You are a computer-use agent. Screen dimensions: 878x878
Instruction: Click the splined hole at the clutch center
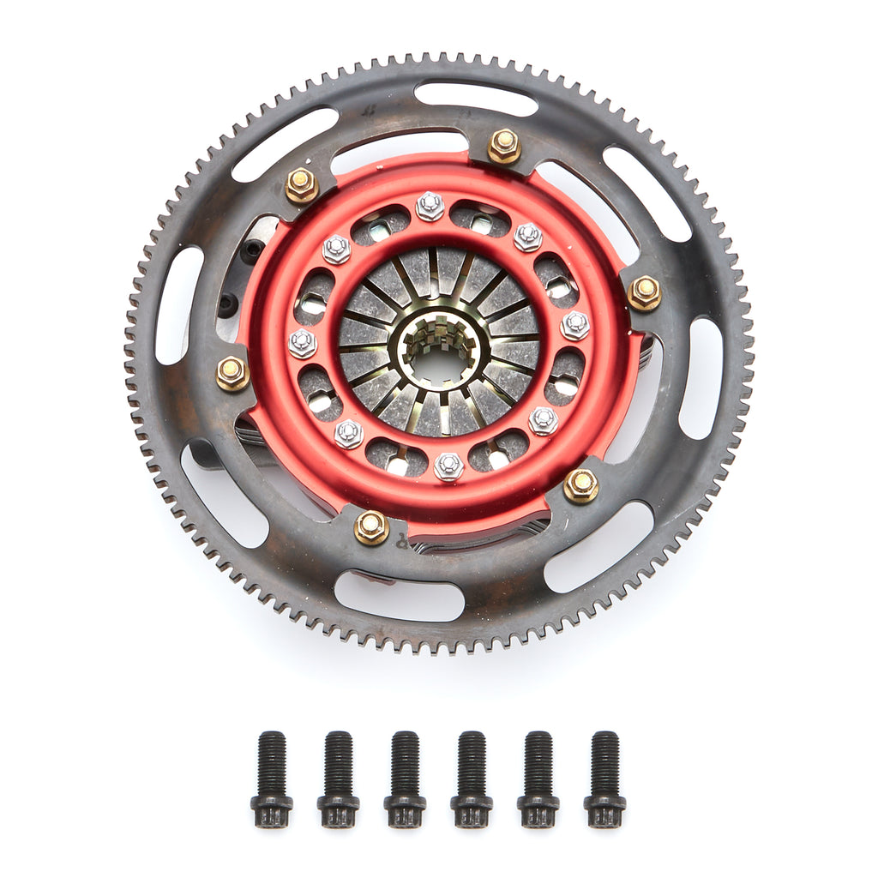pos(439,352)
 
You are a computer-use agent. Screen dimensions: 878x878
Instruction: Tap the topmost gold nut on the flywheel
pos(504,146)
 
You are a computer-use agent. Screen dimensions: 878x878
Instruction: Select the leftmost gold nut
pos(232,373)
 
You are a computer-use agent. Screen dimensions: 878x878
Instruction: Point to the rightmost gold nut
pos(644,293)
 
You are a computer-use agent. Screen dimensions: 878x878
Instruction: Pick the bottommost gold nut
pos(371,526)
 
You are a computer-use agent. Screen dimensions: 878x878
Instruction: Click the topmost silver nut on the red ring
pos(430,206)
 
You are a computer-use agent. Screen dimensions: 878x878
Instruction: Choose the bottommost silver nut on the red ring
pos(448,466)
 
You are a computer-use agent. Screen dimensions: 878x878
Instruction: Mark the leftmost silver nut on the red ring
pos(303,343)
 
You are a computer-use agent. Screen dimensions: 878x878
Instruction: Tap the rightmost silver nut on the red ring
pos(575,325)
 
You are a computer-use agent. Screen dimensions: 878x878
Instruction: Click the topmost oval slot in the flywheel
pos(476,98)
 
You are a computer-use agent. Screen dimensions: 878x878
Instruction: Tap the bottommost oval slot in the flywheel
pos(399,596)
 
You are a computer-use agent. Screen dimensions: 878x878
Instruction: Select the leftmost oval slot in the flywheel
pos(179,305)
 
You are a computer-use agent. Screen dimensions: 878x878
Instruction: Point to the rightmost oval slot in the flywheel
pos(701,377)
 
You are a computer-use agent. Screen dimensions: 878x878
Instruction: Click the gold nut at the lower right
pos(581,485)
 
